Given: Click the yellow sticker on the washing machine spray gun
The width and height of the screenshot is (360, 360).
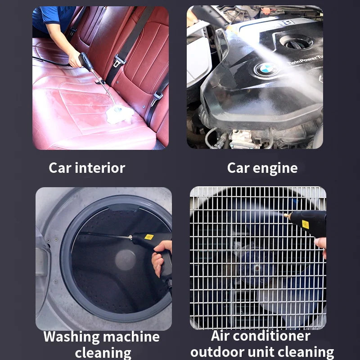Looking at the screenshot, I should tap(148, 237).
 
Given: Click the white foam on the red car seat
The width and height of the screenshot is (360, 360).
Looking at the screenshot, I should tap(119, 115).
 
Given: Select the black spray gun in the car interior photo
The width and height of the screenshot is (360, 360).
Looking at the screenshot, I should tap(85, 62).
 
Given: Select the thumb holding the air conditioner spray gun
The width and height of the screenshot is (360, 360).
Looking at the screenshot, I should tap(320, 243).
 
